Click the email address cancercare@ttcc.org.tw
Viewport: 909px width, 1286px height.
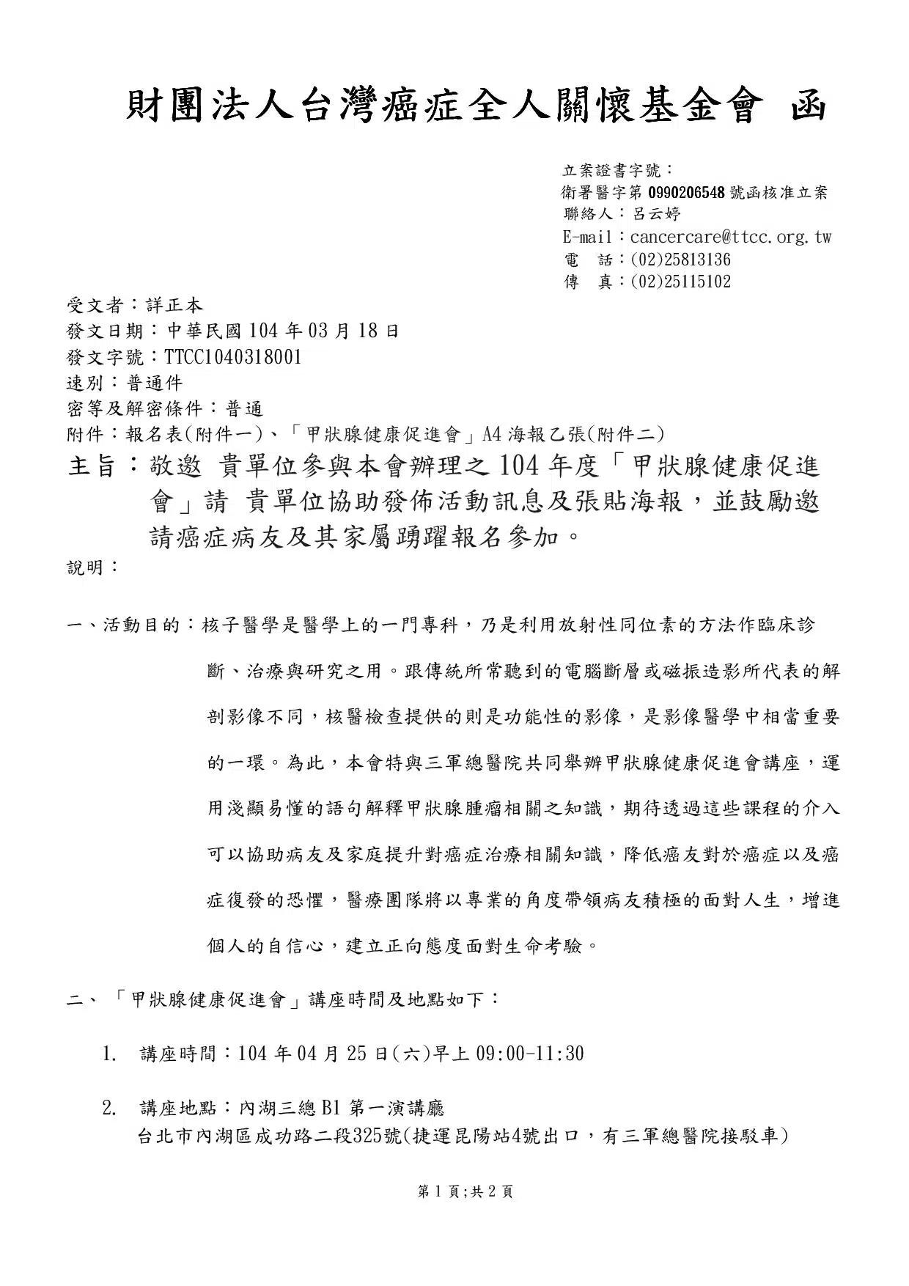coord(730,237)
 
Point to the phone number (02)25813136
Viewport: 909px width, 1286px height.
coord(680,260)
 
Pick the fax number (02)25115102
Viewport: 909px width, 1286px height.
coord(680,282)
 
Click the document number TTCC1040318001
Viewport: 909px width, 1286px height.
coord(232,357)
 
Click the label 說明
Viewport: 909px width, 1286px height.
coord(85,567)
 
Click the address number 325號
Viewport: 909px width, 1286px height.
coord(377,1136)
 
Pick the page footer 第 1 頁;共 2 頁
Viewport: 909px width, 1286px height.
coord(465,1191)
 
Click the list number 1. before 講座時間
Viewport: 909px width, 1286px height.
coord(110,1054)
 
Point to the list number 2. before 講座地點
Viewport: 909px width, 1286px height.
coord(110,1108)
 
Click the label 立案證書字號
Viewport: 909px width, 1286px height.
coord(611,171)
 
